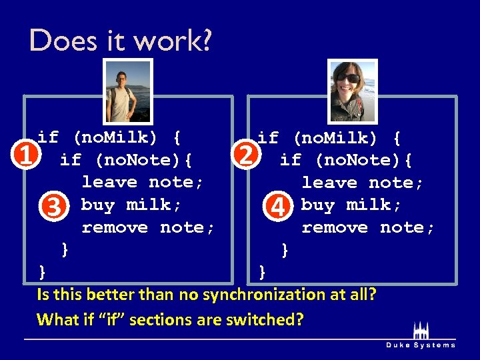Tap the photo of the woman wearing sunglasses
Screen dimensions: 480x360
coord(352,91)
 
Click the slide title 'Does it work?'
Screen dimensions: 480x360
coord(121,41)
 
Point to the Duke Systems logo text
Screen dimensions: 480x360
coord(421,345)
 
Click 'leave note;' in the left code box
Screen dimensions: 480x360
coord(143,182)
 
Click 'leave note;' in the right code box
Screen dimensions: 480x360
coord(362,182)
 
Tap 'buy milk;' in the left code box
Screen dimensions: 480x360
coord(131,205)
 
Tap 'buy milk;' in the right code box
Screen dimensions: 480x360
coord(351,205)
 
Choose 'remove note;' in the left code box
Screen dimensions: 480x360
coord(148,227)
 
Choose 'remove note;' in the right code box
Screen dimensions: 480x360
coord(368,227)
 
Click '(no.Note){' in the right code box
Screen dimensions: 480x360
coord(363,160)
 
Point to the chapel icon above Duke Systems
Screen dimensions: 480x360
coord(421,331)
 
